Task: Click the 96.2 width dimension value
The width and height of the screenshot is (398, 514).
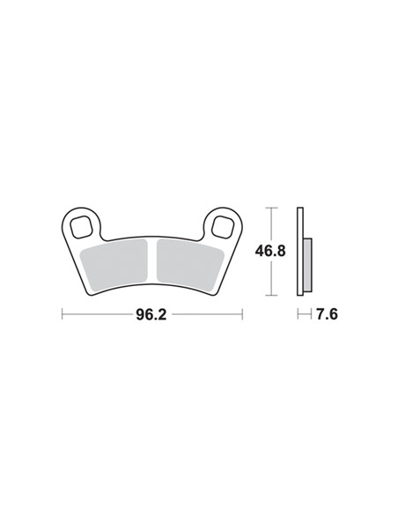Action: tap(151, 315)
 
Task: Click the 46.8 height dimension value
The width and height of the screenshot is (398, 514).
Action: tap(270, 251)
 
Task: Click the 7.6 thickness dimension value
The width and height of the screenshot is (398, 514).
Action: tap(327, 314)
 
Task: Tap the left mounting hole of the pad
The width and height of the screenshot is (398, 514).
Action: tap(81, 226)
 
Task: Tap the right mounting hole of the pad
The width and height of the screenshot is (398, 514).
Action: tap(223, 226)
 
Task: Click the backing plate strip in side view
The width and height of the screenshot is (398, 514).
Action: tap(300, 252)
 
